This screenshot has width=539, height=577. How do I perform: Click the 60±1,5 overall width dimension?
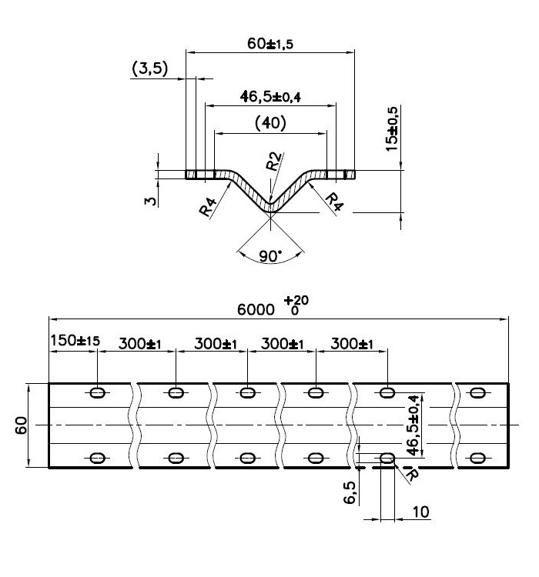(x=270, y=44)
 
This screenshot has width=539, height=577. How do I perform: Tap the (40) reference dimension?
(x=269, y=123)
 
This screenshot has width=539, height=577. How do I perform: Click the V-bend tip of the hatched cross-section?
(x=270, y=209)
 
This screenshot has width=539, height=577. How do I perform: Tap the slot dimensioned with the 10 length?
(x=387, y=458)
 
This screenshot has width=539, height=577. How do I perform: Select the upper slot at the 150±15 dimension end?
(x=98, y=393)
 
